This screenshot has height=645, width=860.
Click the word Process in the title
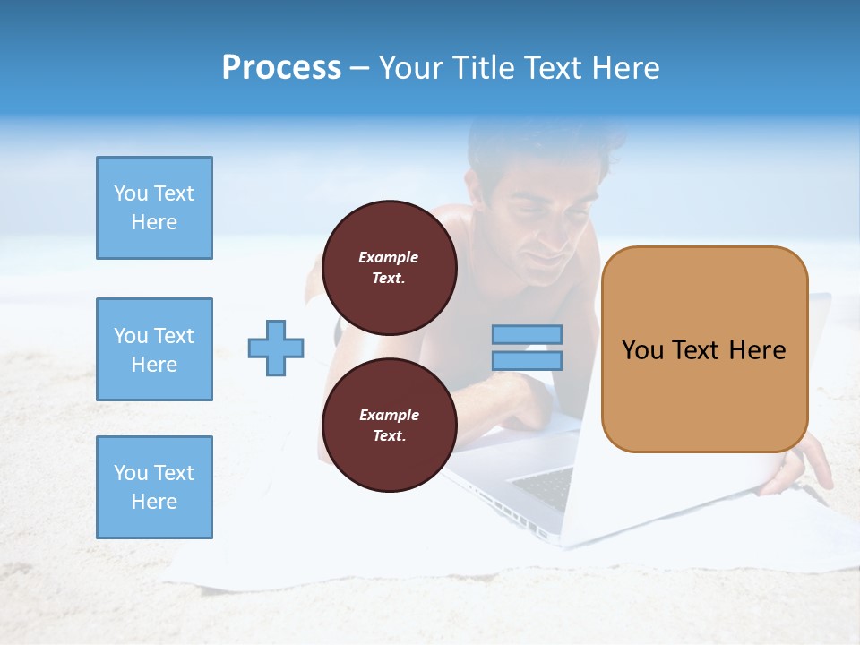(281, 68)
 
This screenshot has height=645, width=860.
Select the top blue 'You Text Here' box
(154, 208)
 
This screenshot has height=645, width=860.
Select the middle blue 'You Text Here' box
(154, 349)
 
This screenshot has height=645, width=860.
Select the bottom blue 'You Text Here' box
(154, 487)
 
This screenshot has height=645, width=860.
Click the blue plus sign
(276, 348)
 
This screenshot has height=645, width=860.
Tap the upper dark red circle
(389, 268)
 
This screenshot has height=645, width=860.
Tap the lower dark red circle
(389, 426)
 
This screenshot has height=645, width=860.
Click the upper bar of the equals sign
(527, 334)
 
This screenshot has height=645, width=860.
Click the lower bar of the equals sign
(527, 360)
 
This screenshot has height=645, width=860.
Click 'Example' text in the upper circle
(389, 257)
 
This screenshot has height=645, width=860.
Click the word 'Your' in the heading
(411, 68)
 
